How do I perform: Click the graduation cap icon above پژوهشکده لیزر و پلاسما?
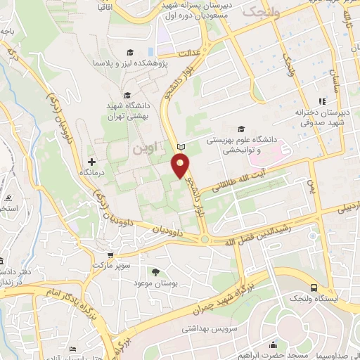(130, 52)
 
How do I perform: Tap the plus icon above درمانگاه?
(91, 162)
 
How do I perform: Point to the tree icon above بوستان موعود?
(155, 272)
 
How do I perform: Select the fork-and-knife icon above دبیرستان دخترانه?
(322, 101)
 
